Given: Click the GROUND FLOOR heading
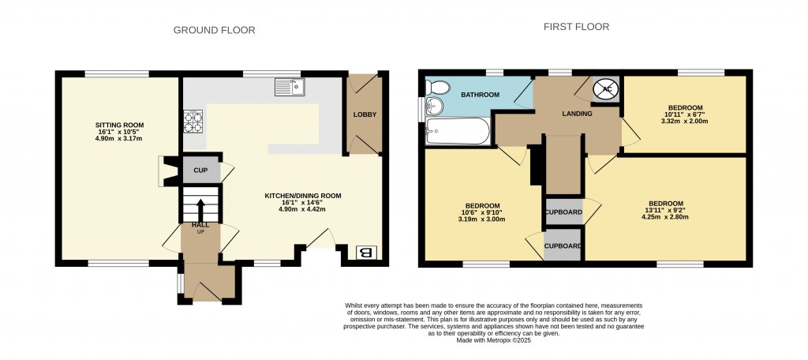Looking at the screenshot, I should click(214, 30).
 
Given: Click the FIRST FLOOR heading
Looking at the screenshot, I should click(576, 26).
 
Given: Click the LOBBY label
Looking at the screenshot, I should click(365, 114).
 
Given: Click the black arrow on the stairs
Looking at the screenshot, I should click(200, 209).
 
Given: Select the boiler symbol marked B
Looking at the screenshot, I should click(365, 253).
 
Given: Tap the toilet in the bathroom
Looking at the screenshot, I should click(436, 87).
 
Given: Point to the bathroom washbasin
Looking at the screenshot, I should click(432, 107).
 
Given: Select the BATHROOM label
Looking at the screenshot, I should click(480, 95).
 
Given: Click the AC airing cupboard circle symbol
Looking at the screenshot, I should click(606, 88).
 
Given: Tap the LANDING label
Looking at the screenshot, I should click(577, 114).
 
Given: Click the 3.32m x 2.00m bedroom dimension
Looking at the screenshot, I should click(685, 122).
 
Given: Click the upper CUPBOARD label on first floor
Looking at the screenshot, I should click(563, 212).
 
